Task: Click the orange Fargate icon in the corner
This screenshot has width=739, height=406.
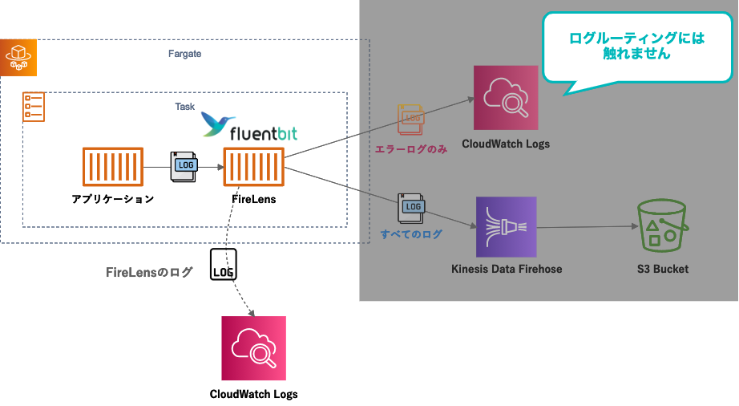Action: (x=18, y=57)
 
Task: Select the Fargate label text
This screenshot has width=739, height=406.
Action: (x=185, y=55)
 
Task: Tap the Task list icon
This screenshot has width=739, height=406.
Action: (x=33, y=106)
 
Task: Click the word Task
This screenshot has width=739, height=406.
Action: (x=184, y=107)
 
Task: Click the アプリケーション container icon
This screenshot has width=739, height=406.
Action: (x=112, y=167)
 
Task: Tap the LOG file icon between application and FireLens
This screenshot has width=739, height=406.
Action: (x=184, y=165)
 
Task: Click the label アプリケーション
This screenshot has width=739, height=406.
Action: (x=112, y=199)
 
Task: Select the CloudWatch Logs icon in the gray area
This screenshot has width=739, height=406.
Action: (x=506, y=98)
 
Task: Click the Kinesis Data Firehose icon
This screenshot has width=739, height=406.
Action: (x=506, y=226)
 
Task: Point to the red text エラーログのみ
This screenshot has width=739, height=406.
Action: (x=410, y=149)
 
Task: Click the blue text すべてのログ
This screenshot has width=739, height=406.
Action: (x=412, y=235)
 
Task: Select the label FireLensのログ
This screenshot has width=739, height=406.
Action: (x=150, y=273)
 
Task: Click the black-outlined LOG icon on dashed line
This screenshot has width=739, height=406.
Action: (x=224, y=264)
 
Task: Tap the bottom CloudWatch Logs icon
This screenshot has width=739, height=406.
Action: (x=253, y=347)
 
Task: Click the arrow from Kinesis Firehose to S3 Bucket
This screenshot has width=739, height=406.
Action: (x=585, y=227)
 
